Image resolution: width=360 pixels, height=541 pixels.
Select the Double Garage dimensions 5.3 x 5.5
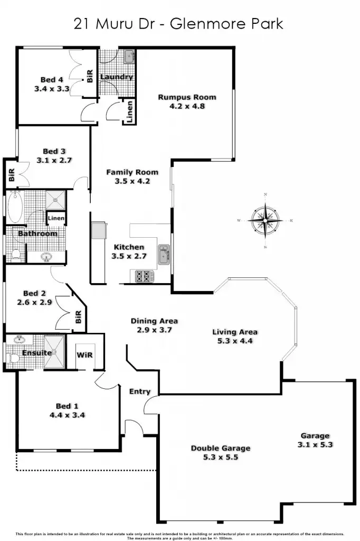click(221, 457)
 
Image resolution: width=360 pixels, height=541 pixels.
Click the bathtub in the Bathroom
click(14, 207)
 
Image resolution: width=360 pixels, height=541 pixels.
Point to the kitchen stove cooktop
click(143, 275)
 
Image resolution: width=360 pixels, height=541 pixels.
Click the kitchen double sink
click(164, 254)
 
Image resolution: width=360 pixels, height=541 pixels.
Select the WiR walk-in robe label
click(85, 355)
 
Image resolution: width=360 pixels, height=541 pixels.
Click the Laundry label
click(116, 77)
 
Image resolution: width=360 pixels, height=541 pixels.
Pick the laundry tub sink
click(129, 55)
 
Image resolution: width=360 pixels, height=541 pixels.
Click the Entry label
click(140, 391)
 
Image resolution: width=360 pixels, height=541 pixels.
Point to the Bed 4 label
click(52, 80)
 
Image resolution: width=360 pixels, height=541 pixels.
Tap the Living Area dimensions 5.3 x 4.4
click(235, 341)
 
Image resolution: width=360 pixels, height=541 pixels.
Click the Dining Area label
click(154, 321)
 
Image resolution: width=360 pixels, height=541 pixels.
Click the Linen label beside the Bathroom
click(56, 218)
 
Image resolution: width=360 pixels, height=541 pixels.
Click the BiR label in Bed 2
click(78, 318)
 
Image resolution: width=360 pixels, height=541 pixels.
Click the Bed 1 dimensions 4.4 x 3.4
click(67, 415)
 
